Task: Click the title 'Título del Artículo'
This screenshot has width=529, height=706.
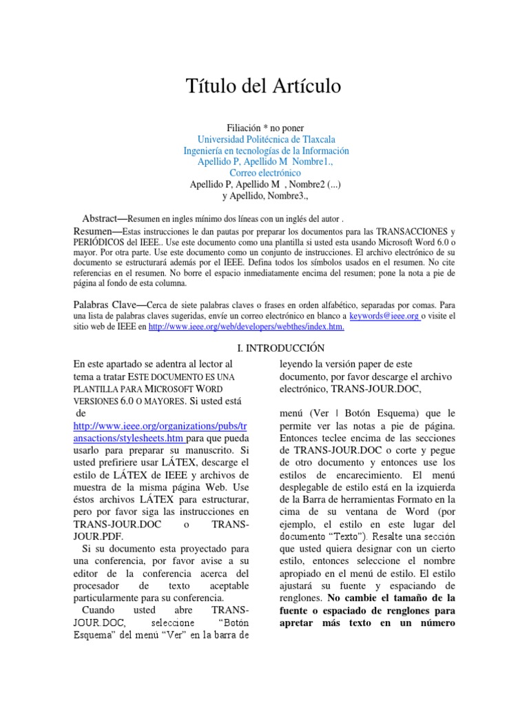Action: [264, 87]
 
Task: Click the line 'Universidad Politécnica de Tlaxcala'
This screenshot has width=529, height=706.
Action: [266, 139]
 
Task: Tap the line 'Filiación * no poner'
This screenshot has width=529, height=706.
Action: [265, 128]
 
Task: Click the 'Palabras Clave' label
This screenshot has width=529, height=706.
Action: [105, 305]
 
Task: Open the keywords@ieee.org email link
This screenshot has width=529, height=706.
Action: [384, 316]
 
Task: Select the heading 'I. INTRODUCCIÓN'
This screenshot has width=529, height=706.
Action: [264, 348]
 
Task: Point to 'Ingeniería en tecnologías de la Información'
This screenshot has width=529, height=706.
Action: [266, 150]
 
